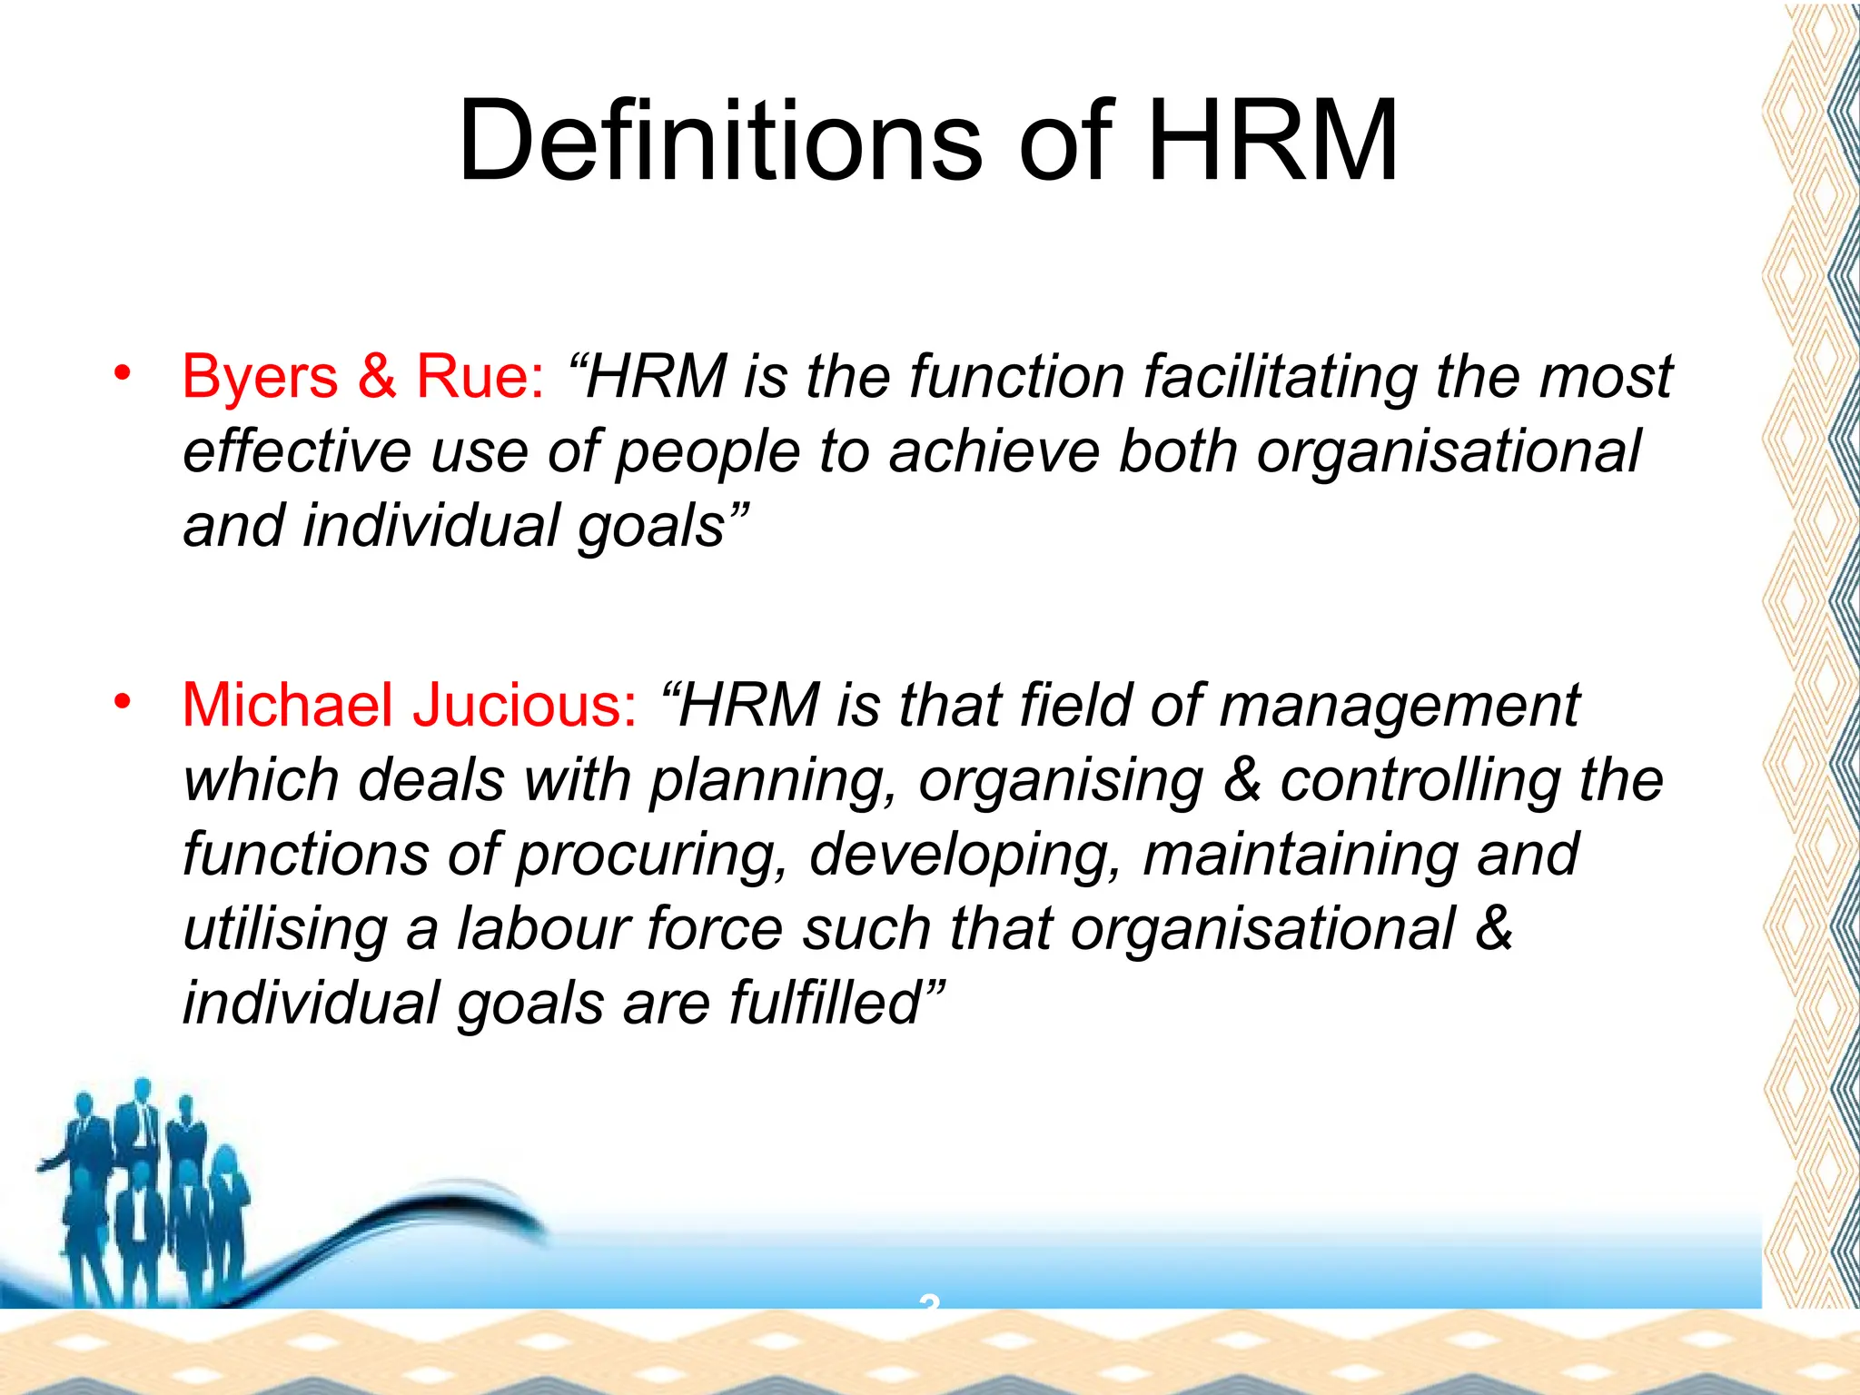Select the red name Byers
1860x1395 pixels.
point(260,377)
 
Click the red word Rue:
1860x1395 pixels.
point(480,377)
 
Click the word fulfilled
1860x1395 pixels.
point(836,1004)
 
